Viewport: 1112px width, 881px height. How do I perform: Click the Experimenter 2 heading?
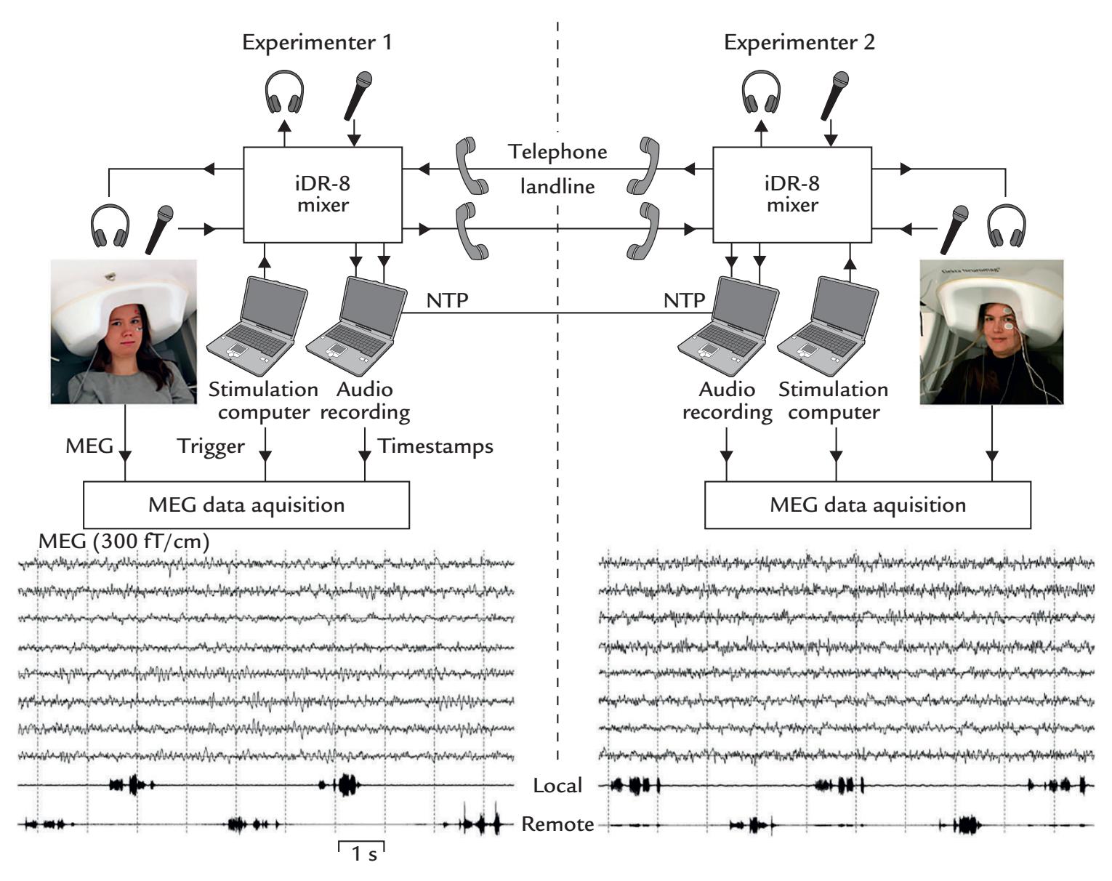[x=799, y=42]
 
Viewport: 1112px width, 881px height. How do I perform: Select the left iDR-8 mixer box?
[x=322, y=194]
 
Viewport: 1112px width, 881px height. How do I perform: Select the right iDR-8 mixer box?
[x=792, y=194]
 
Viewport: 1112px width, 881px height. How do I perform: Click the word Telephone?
[x=557, y=152]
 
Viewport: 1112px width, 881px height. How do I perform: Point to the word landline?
[x=557, y=187]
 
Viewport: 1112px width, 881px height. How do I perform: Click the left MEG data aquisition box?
[x=246, y=504]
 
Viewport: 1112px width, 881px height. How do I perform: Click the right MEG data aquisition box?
[x=868, y=504]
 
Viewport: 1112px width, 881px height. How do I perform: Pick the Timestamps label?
[x=435, y=446]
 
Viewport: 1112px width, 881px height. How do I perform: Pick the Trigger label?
[x=211, y=446]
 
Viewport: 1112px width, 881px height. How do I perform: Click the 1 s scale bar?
[x=361, y=852]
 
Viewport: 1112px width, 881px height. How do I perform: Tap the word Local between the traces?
[x=557, y=785]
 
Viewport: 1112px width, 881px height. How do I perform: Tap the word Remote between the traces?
[x=557, y=824]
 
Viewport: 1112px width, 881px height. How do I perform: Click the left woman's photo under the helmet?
[x=124, y=331]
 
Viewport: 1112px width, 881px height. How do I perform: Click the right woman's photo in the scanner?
[x=991, y=331]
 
